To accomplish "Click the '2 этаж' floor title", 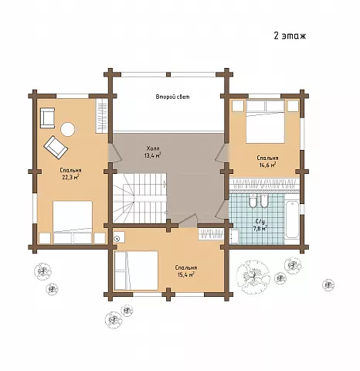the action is coord(290,36).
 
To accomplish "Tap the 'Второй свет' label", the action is coord(172,97).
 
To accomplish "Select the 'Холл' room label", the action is coord(153,148).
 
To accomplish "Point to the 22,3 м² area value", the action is coord(70,177).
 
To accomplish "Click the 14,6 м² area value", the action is coord(267,165).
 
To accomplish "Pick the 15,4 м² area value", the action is coord(186,274).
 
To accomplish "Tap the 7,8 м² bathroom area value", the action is coord(260,228).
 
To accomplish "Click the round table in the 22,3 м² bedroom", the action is coord(68,129).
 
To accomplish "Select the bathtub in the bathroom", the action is coord(292,220).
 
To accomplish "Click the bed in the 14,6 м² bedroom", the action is coord(265,121).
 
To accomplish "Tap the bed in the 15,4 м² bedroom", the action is coord(136,271).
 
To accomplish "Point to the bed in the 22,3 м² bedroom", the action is coord(73,223).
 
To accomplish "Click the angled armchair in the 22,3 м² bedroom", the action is coord(56,147).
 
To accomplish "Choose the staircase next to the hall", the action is coord(140,198).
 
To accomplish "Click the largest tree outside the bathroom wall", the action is coord(253,277).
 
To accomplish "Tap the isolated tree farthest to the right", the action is coord(328,284).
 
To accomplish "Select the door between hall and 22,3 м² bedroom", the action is coord(114,152).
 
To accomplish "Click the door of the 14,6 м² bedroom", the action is coord(221,152).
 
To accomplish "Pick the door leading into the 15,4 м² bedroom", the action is coord(188,219).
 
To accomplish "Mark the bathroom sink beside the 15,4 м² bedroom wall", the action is coord(234,237).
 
